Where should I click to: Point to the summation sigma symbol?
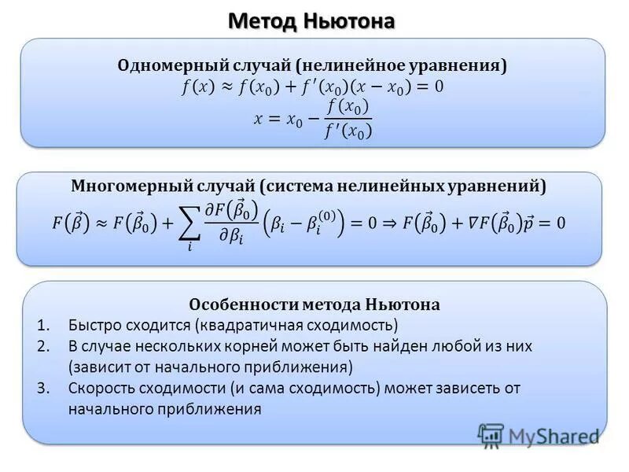[x=189, y=225]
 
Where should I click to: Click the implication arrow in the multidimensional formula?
[x=381, y=223]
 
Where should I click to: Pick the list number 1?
[x=44, y=324]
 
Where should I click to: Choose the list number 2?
[x=44, y=345]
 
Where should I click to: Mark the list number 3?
[x=44, y=388]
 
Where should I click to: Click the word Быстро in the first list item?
[x=93, y=324]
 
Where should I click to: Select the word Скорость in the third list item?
[x=98, y=388]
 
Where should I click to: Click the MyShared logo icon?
[x=491, y=434]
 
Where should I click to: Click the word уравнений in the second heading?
[x=499, y=186]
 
